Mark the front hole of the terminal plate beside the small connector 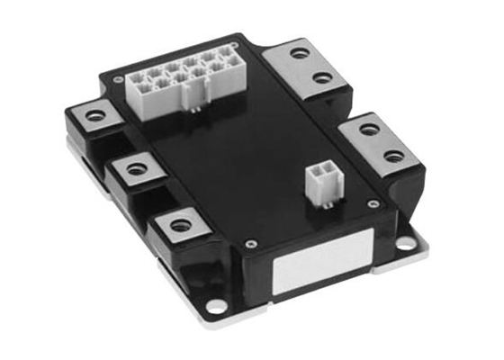393,157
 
